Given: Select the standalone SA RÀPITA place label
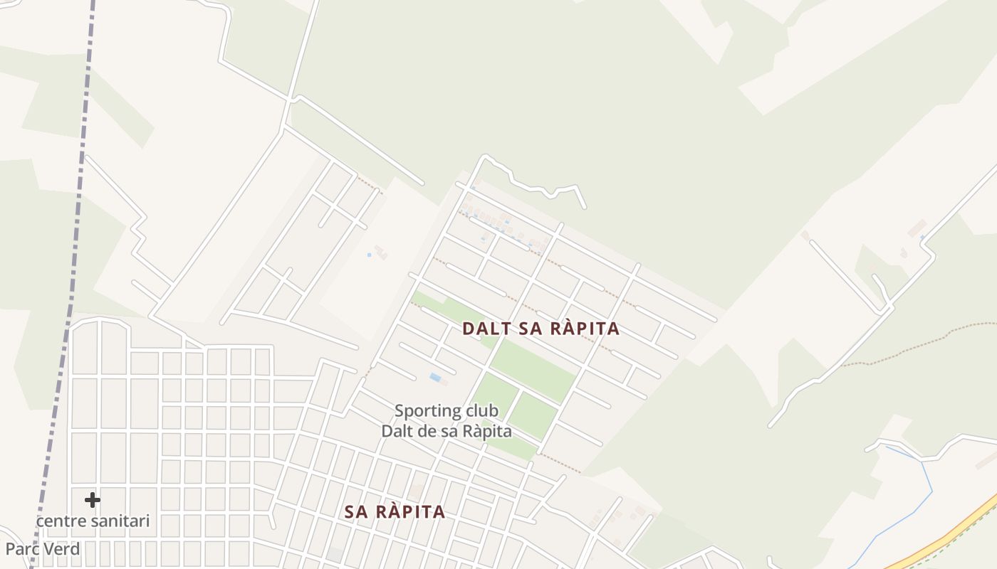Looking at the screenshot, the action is coord(395,512).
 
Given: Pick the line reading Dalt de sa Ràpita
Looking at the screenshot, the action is coord(447,431).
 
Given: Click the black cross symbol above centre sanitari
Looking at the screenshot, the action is coord(93,500).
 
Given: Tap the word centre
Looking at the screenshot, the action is coord(61,521).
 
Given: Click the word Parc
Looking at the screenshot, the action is coord(22,549).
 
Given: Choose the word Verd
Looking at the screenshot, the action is coord(63,549).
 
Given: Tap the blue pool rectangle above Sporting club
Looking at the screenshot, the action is coord(435,377).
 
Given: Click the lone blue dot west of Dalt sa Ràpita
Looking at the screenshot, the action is coord(369,255).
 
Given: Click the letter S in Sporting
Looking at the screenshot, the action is coord(400,411).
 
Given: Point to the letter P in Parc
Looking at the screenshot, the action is coord(11,549).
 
